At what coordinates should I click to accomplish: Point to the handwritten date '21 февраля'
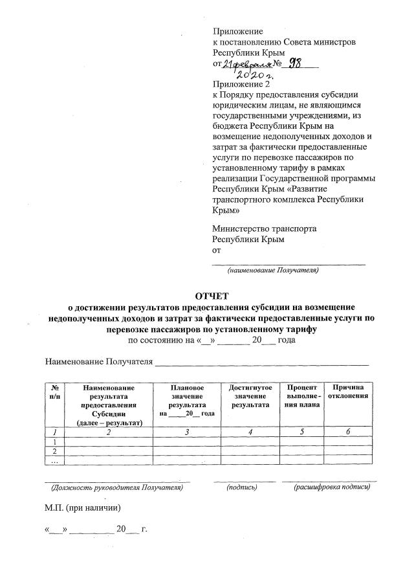[x=245, y=64]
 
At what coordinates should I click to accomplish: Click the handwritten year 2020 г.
[x=259, y=75]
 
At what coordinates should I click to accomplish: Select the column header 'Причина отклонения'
[x=349, y=392]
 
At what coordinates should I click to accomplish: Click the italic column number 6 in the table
[x=349, y=432]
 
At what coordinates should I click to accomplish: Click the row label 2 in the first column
[x=54, y=451]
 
